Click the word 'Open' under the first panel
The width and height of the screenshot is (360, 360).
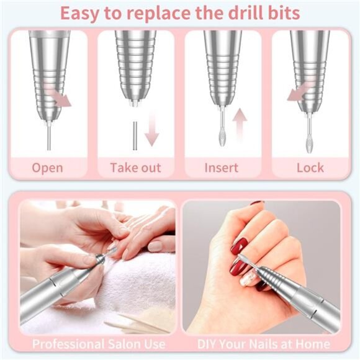pyautogui.click(x=47, y=168)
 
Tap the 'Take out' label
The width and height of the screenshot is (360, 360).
pyautogui.click(x=135, y=168)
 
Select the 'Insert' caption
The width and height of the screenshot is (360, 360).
pyautogui.click(x=222, y=168)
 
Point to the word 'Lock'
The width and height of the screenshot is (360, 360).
pyautogui.click(x=310, y=168)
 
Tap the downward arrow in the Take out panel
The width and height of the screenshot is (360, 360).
pyautogui.click(x=151, y=132)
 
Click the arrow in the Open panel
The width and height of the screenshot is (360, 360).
pyautogui.click(x=61, y=97)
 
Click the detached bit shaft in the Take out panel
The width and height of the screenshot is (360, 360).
pyautogui.click(x=133, y=133)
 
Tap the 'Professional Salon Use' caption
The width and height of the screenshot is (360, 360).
pyautogui.click(x=99, y=343)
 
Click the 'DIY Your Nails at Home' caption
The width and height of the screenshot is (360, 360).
pyautogui.click(x=263, y=343)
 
